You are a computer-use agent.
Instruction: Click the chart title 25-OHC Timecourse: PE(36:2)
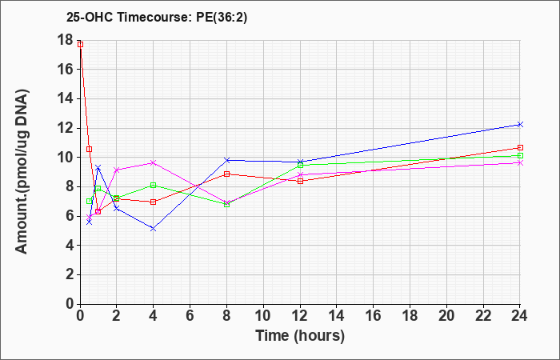pos(157,17)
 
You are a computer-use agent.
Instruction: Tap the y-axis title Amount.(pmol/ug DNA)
pos(22,172)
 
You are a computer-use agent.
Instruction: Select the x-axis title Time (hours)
pos(300,336)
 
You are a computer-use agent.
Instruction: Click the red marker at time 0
pos(80,44)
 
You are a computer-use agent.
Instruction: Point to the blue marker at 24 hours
pos(520,124)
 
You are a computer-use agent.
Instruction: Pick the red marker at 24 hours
pos(520,147)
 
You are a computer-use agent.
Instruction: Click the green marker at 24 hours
pos(520,156)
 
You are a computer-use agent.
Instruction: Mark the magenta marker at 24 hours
pos(520,163)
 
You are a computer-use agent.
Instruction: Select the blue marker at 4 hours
pos(154,229)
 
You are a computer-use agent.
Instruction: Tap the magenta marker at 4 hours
pos(154,162)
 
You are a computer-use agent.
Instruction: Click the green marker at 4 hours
pos(154,185)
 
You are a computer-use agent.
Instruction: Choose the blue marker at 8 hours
pos(226,160)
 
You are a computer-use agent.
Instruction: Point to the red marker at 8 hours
pos(226,174)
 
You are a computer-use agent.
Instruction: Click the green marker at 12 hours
pos(300,165)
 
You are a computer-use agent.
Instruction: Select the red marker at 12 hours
pos(300,181)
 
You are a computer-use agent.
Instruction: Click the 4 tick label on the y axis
pos(70,246)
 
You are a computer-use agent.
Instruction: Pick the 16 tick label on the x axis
pos(374,316)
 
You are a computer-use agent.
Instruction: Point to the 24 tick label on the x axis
pos(519,316)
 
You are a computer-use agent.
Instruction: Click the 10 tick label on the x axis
pos(263,316)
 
